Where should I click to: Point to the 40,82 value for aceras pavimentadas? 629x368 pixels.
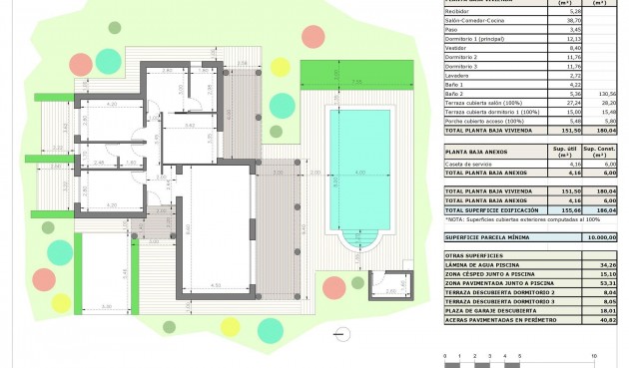click(606, 319)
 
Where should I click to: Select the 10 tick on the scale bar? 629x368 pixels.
click(594, 354)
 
